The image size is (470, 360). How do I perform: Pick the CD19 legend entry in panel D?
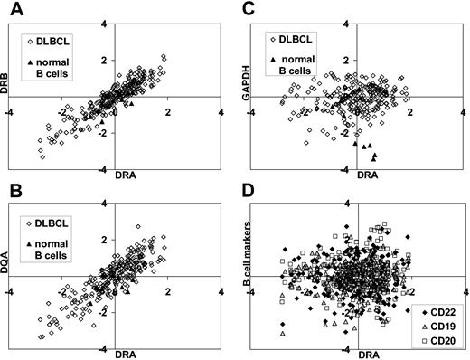coord(437,326)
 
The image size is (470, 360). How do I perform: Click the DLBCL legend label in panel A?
coord(65,41)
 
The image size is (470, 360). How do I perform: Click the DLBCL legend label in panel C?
coord(303,41)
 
